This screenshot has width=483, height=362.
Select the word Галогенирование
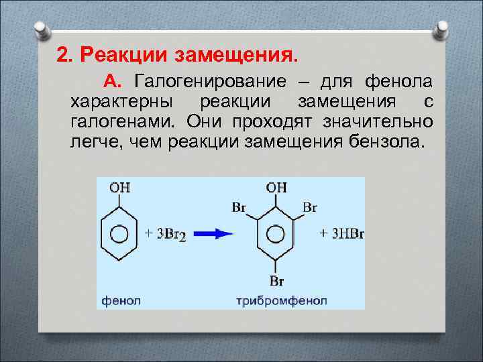pyautogui.click(x=209, y=82)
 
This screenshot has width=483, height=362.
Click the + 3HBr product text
pyautogui.click(x=341, y=233)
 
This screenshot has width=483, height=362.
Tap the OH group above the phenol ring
pyautogui.click(x=119, y=187)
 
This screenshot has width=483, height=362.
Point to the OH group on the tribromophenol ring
pyautogui.click(x=276, y=188)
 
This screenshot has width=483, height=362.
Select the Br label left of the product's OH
pyautogui.click(x=239, y=208)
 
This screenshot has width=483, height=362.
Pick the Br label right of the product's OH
pyautogui.click(x=310, y=208)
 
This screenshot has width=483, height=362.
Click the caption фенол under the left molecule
pyautogui.click(x=121, y=301)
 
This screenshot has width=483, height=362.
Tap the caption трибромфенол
pyautogui.click(x=282, y=301)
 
